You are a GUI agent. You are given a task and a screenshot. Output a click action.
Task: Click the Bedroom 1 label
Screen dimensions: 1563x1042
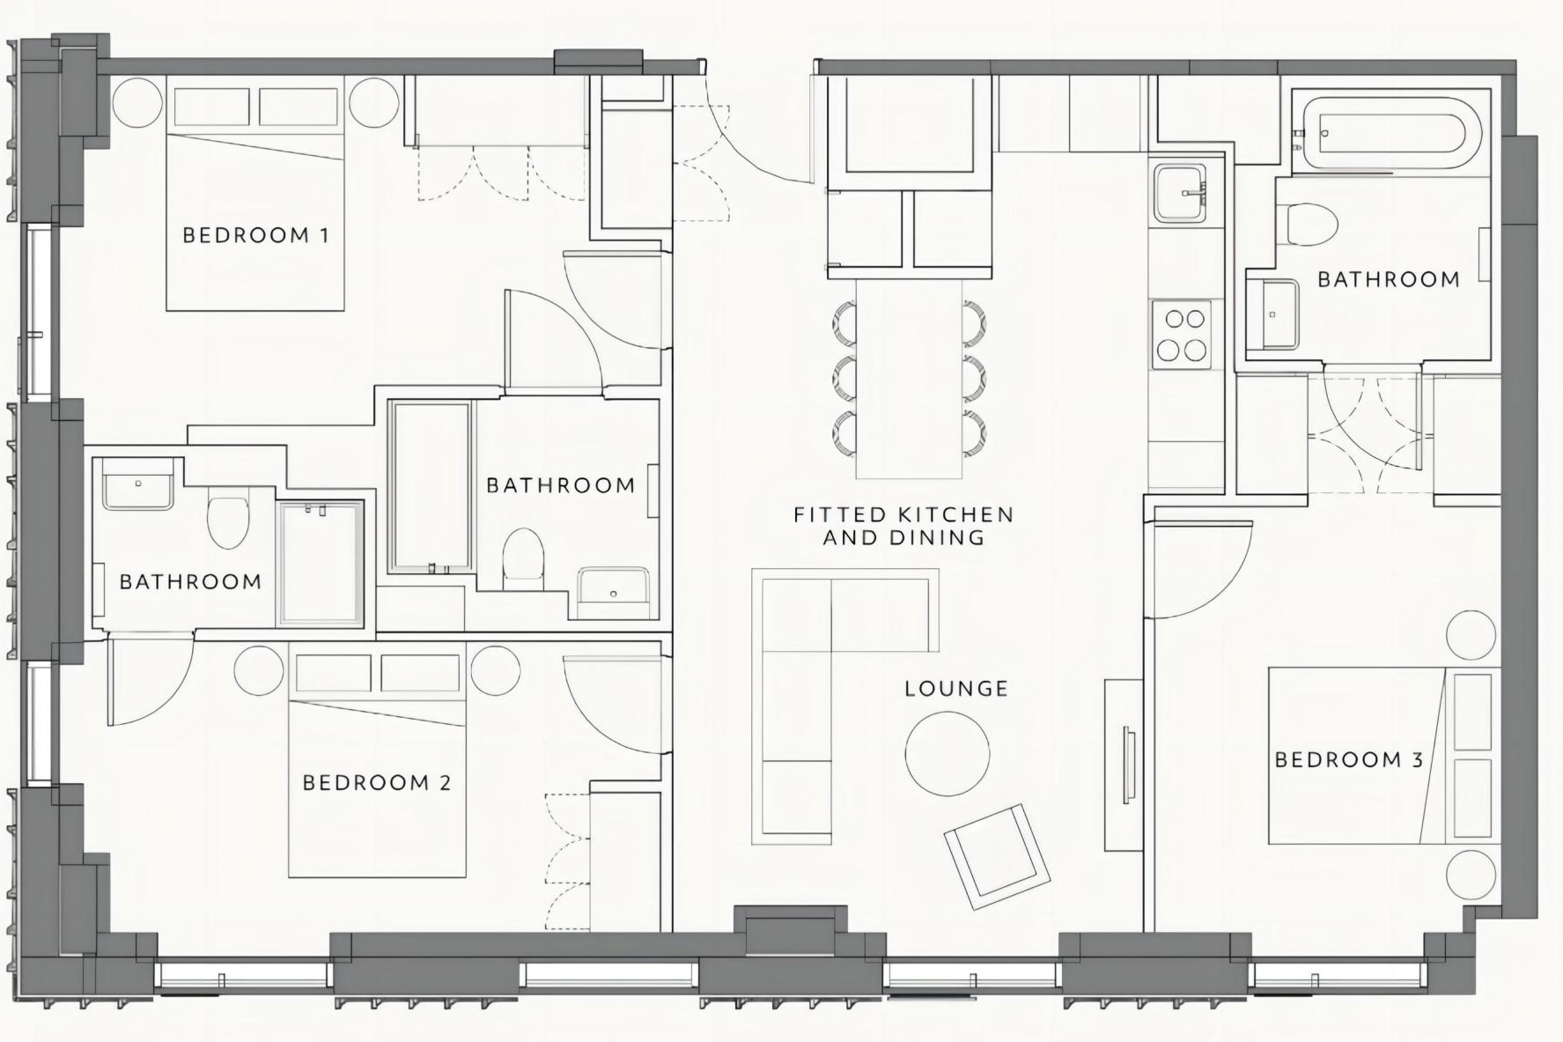[255, 235]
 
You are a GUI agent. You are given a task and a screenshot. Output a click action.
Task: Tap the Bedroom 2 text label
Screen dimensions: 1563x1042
[377, 782]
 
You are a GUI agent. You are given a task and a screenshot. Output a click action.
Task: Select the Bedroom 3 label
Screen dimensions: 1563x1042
[1349, 759]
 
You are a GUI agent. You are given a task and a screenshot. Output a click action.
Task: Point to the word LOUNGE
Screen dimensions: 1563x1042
[956, 688]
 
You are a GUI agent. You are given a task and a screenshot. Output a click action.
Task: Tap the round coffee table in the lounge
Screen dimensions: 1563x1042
[947, 753]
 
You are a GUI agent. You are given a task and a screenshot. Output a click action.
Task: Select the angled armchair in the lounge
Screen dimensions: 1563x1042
[997, 856]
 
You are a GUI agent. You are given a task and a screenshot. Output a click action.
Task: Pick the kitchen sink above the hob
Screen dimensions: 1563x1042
[1182, 192]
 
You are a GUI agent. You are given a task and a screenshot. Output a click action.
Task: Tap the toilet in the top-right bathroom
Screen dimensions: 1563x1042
[1312, 225]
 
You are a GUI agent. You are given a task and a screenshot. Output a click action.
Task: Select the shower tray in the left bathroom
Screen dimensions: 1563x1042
[321, 564]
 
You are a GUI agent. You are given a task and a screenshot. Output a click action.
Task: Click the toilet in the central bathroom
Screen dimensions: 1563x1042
[524, 559]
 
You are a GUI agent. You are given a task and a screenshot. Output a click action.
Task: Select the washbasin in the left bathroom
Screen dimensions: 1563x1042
[138, 484]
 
